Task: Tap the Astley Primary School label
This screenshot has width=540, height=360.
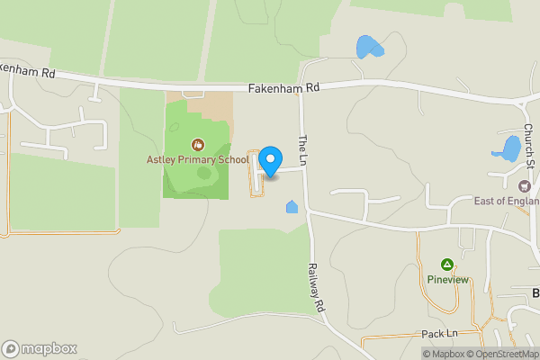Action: click(x=198, y=159)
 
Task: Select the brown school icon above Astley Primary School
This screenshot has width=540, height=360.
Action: click(x=197, y=144)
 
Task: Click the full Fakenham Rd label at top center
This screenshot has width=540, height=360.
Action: click(x=283, y=88)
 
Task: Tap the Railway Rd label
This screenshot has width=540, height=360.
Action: click(x=316, y=287)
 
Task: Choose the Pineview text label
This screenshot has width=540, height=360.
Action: click(x=447, y=279)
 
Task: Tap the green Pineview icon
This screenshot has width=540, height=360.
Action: click(x=447, y=265)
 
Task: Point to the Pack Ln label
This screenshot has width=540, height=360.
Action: click(x=440, y=334)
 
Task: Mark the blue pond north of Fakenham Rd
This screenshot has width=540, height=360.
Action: click(x=366, y=46)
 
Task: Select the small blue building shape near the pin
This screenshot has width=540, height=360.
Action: click(x=292, y=208)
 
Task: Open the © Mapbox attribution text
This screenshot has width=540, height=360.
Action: click(x=444, y=354)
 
